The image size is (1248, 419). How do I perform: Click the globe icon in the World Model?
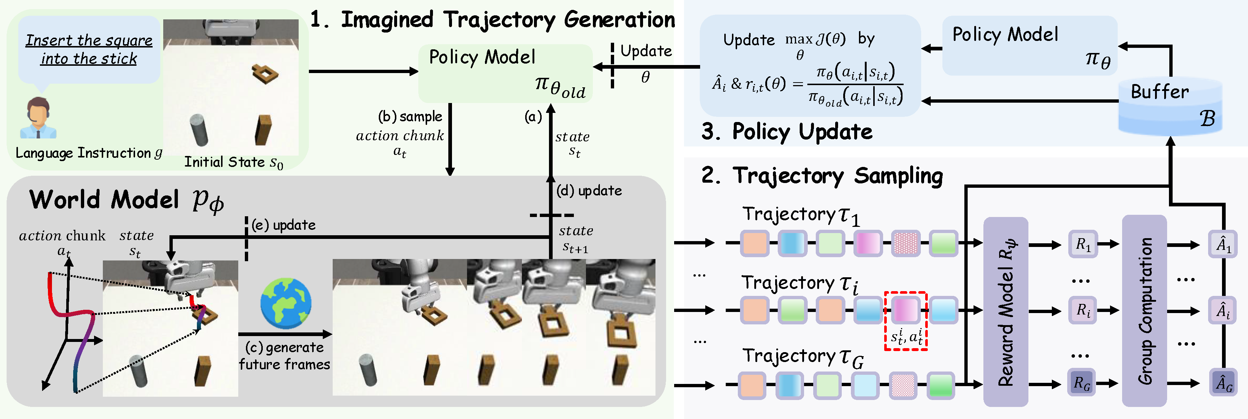click(x=285, y=303)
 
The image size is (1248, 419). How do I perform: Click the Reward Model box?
click(x=1005, y=312)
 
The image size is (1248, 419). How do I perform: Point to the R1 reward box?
click(x=1083, y=244)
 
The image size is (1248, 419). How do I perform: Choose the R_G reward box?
click(x=1082, y=383)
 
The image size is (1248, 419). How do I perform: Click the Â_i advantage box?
click(x=1223, y=311)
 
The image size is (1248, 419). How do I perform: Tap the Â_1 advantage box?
click(x=1223, y=244)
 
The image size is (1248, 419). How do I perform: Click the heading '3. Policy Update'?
click(x=787, y=132)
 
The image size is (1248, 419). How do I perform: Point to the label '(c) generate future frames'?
click(x=284, y=355)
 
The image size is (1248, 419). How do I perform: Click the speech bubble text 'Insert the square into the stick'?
click(x=89, y=49)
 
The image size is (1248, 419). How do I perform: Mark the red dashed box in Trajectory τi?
click(x=905, y=320)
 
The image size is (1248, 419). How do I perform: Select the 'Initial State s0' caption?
click(x=233, y=162)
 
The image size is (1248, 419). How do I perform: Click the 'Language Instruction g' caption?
click(x=89, y=153)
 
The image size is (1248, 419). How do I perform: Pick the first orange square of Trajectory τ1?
click(x=754, y=243)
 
